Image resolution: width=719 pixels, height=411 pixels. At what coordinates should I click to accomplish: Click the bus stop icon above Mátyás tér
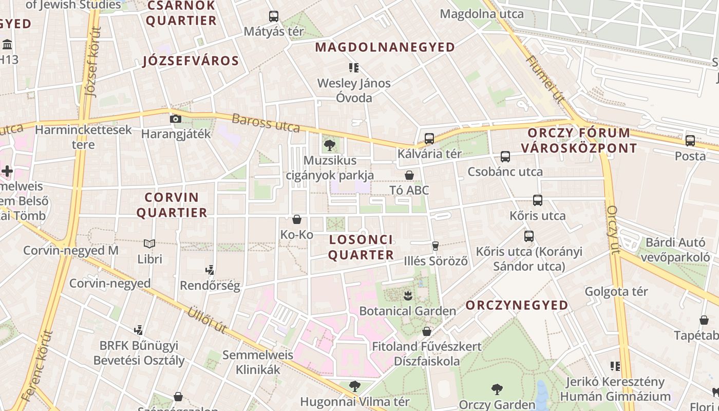(274, 16)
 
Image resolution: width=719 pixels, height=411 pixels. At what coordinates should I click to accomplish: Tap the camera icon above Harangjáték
(176, 119)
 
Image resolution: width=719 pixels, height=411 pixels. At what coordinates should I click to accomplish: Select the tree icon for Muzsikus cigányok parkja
(330, 145)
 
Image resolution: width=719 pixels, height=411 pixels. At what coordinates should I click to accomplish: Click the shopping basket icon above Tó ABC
(409, 175)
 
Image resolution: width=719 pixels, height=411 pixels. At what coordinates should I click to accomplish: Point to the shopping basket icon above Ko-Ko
(297, 220)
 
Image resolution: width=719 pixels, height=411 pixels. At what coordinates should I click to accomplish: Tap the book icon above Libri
(149, 244)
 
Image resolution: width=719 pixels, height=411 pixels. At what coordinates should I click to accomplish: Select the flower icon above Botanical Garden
(408, 296)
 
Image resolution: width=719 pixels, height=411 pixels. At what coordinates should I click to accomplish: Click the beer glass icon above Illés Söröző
(435, 246)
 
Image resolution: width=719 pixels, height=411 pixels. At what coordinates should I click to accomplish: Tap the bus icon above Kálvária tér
(429, 138)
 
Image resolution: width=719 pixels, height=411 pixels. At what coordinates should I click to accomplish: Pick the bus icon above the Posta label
(690, 140)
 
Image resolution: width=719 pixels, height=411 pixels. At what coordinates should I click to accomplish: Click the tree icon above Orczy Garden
(497, 389)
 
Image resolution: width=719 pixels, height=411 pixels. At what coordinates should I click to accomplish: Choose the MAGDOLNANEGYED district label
(385, 47)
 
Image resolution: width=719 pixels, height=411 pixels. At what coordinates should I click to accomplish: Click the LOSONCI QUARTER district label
(361, 247)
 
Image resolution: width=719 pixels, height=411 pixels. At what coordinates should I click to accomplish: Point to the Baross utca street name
(266, 123)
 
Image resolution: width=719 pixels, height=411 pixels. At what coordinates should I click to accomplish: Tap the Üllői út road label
(206, 320)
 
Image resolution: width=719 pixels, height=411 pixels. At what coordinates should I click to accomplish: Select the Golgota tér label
(616, 292)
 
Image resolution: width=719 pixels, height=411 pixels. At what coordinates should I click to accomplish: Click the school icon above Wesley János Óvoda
(353, 68)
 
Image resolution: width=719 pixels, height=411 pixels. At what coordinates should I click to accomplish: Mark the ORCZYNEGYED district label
(517, 305)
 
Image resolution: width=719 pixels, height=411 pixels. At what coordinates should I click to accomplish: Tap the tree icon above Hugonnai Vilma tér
(354, 386)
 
